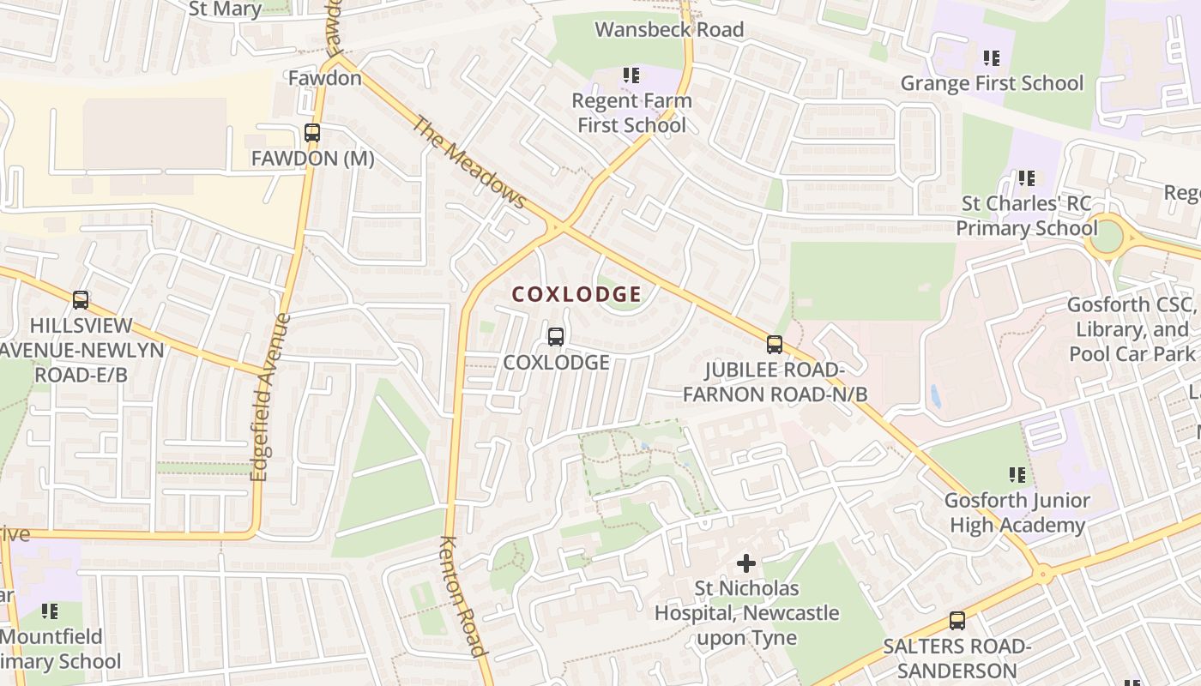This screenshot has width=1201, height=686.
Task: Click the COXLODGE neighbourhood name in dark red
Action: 576,294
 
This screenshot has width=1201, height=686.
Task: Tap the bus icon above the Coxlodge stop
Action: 556,337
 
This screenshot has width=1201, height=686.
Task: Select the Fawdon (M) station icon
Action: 312,134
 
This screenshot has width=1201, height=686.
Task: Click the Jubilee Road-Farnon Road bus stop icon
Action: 775,345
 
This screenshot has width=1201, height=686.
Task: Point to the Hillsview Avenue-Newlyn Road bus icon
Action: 81,300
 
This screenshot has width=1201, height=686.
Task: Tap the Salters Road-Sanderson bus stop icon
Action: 957,621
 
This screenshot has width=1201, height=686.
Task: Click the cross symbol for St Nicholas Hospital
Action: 746,563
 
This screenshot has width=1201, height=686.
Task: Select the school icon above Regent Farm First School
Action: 631,75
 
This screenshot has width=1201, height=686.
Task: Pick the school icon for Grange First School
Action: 992,58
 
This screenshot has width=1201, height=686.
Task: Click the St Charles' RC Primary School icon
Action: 1026,178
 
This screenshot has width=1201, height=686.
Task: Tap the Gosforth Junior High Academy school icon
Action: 1017,474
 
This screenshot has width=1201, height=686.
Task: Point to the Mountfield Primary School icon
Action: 50,611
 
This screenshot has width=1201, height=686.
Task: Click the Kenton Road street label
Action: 463,595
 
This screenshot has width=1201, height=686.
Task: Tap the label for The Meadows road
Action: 468,162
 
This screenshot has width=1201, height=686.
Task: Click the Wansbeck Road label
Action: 669,30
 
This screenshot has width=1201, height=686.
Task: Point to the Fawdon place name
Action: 324,78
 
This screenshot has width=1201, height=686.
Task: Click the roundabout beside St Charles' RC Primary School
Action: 1107,236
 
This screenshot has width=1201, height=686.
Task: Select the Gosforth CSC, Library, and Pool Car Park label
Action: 1131,329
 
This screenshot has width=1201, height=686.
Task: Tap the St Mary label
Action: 225,9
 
